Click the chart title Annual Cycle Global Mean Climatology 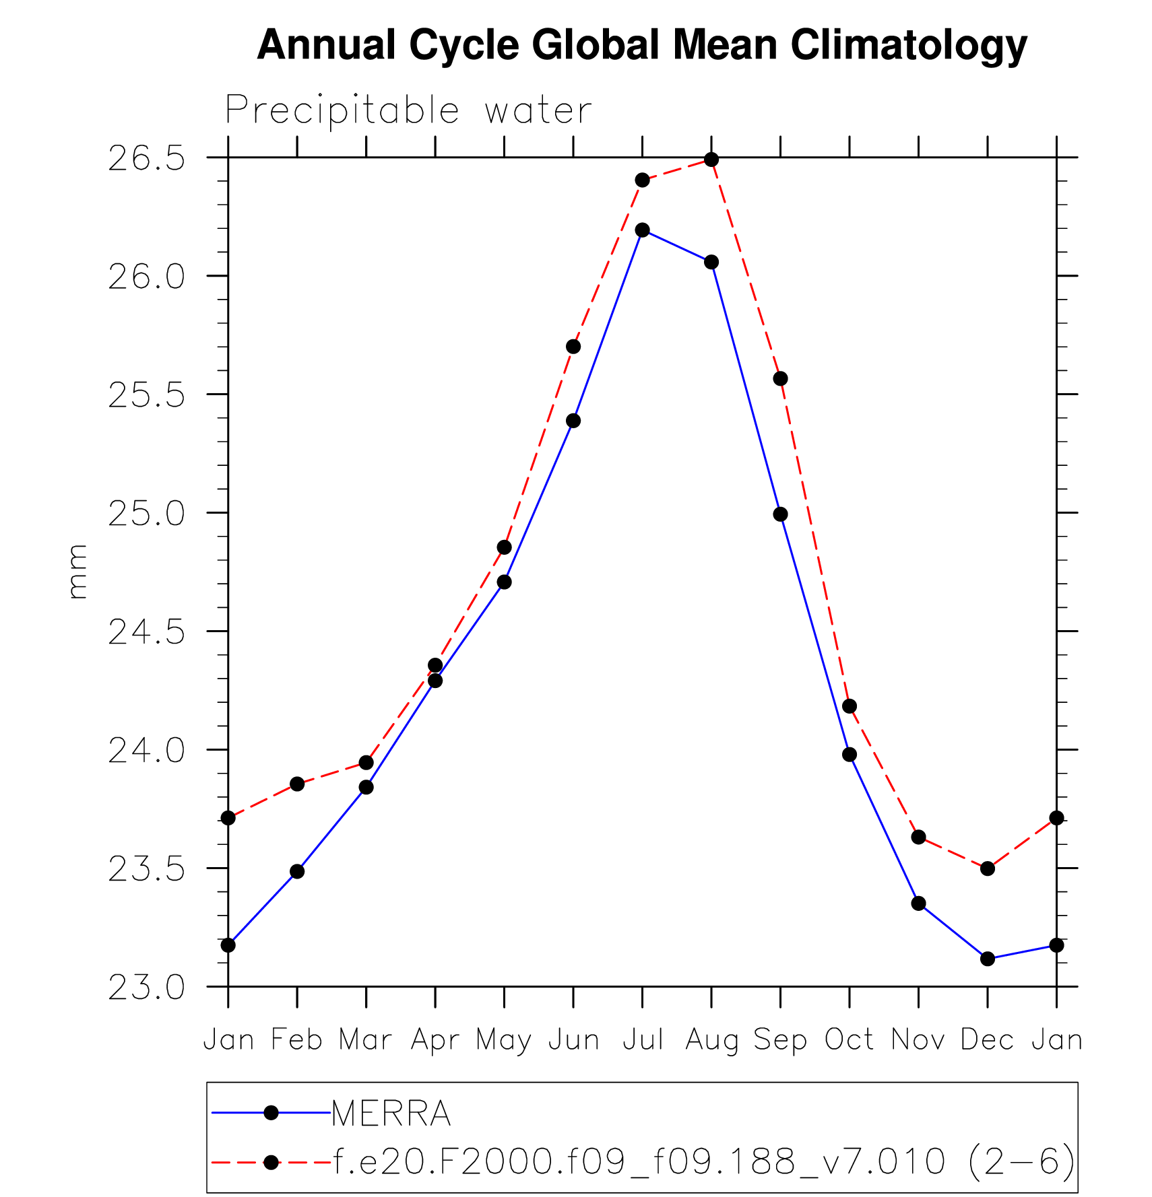(642, 45)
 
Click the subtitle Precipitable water (408, 110)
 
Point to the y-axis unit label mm (78, 572)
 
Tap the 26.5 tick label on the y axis (146, 159)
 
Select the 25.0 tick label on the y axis (146, 514)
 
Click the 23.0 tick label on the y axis (146, 988)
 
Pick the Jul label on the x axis (643, 1039)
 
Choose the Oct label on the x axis (850, 1039)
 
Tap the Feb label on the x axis (296, 1039)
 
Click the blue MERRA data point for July (642, 230)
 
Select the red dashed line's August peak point (711, 160)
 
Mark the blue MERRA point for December (988, 958)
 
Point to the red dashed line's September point (780, 378)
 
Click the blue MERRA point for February (297, 871)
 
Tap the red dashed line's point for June (573, 347)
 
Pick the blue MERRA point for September (780, 514)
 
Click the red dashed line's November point (918, 837)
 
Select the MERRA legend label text (391, 1114)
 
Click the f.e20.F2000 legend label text (703, 1161)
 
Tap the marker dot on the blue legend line (271, 1113)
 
